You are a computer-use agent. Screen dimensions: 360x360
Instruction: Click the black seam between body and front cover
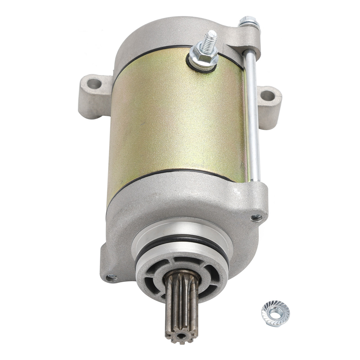(174, 172)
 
